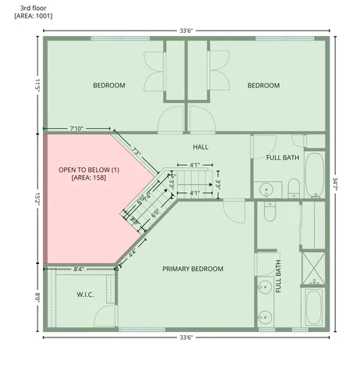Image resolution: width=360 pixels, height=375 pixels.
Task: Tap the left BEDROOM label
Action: (x=109, y=85)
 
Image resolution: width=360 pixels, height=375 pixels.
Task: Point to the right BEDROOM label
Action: (x=263, y=85)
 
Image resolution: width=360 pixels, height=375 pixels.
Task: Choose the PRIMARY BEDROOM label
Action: (x=192, y=269)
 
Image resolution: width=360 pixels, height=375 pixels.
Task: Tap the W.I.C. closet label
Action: (x=85, y=295)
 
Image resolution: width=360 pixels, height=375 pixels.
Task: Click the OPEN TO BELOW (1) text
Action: (x=89, y=170)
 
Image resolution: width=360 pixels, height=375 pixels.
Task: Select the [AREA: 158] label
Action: (x=87, y=178)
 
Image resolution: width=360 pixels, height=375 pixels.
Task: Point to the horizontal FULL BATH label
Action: (x=282, y=158)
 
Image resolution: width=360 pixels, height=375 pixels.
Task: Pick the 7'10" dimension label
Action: (x=77, y=127)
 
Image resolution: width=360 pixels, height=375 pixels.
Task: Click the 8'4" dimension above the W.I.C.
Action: (x=79, y=269)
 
